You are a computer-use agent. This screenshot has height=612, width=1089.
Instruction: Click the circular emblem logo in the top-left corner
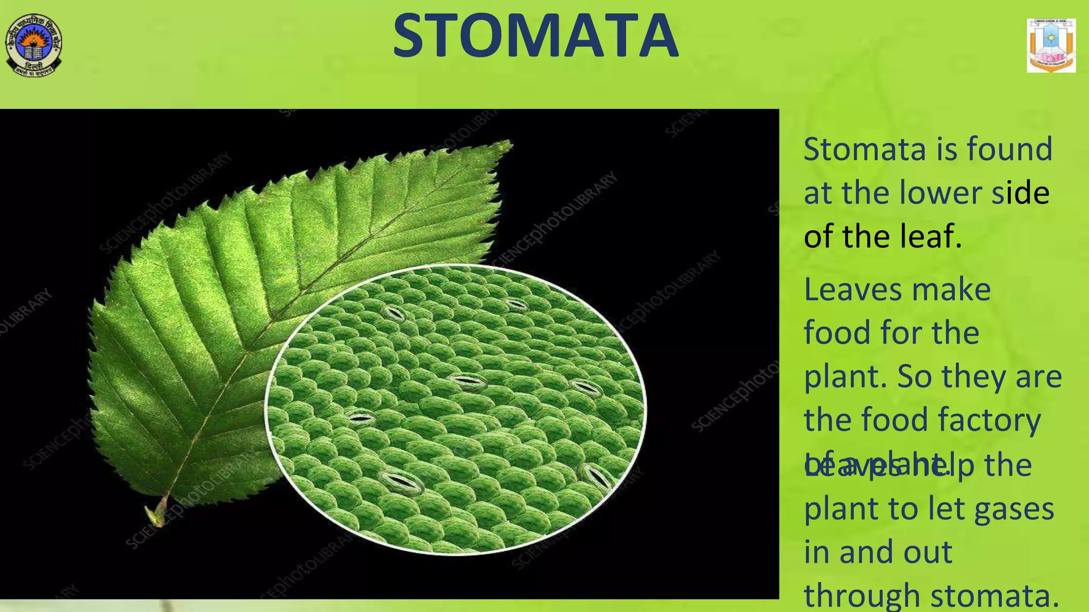pyautogui.click(x=33, y=46)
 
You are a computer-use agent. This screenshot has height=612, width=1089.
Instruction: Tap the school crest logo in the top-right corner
pyautogui.click(x=1051, y=46)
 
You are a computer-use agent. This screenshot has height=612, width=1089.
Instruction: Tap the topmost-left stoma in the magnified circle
pyautogui.click(x=394, y=312)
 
